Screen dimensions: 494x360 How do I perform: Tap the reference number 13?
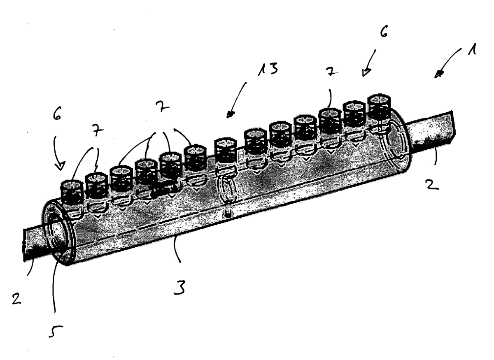(268, 69)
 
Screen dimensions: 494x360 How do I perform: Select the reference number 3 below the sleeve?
(179, 287)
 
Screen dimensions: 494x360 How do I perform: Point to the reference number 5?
(55, 331)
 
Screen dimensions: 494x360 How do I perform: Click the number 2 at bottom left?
(16, 299)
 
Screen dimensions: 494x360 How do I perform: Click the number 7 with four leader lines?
(162, 107)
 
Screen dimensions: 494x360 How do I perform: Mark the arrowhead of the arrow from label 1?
(439, 74)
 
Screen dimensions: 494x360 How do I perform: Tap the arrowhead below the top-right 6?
(366, 72)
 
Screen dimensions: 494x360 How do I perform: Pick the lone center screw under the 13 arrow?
(226, 152)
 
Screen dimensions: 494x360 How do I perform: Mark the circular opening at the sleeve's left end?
(57, 231)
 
